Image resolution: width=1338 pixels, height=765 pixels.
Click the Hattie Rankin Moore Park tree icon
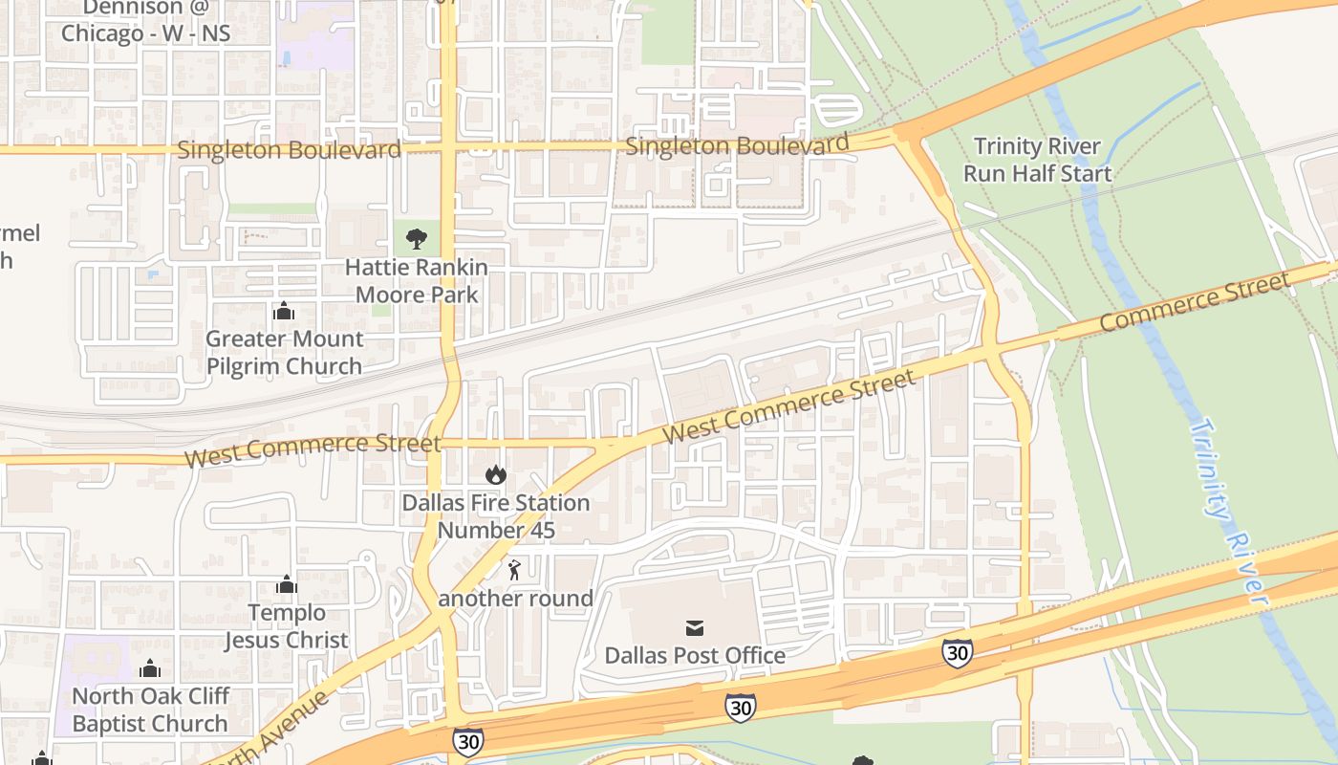coord(416,239)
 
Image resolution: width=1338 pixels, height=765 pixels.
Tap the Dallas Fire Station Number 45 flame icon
coord(495,474)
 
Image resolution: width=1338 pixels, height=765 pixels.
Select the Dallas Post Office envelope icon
coord(695,628)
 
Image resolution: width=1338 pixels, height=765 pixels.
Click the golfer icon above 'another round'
coord(515,571)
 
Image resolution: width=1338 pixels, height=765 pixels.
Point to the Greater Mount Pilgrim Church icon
coord(284,311)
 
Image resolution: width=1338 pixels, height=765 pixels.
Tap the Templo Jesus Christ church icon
coord(287,585)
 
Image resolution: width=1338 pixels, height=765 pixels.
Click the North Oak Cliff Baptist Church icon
coord(150,668)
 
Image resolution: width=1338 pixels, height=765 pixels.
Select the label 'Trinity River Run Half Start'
coord(1037,160)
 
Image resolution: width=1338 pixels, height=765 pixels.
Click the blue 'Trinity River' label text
coord(1228,512)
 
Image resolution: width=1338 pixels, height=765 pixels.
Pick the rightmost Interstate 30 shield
coord(957,653)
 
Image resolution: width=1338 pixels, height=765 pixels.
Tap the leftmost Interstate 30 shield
coord(467,741)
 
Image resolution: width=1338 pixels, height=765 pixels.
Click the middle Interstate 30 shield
coord(740,708)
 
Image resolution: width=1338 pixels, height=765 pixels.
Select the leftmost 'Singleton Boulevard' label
coord(289,150)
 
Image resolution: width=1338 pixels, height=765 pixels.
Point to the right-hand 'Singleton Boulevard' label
coord(737,145)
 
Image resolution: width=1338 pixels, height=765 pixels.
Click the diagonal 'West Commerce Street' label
coord(788,406)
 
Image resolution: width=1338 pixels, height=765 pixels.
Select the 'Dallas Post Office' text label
coord(695,656)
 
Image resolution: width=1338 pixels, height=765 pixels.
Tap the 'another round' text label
coord(515,599)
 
